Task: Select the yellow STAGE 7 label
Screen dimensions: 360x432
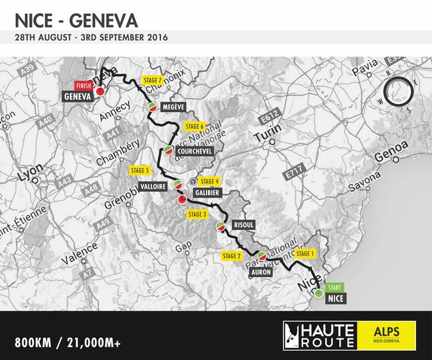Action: [x=152, y=80]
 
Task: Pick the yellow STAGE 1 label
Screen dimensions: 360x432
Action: [x=305, y=254]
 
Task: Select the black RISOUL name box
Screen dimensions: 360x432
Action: [x=244, y=225]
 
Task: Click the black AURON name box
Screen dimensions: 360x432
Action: [x=261, y=272]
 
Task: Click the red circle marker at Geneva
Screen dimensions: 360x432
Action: [x=100, y=92]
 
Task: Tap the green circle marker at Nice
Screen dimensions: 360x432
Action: [x=318, y=293]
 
